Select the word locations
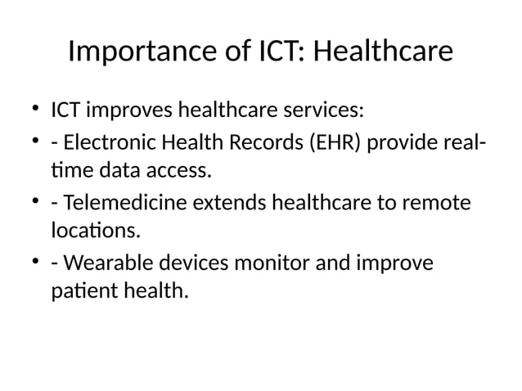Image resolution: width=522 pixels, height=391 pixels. (95, 231)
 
